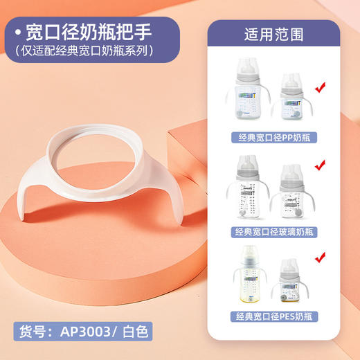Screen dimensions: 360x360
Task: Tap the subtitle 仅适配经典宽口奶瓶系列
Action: pyautogui.click(x=89, y=51)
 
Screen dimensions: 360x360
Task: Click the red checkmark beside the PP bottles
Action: pyautogui.click(x=320, y=88)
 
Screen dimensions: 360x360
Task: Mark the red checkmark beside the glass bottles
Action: pyautogui.click(x=320, y=166)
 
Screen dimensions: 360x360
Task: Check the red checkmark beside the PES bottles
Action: pyautogui.click(x=320, y=258)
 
